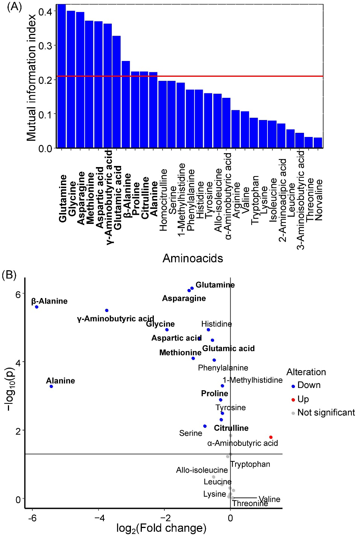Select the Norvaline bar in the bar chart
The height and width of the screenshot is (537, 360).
(x=317, y=143)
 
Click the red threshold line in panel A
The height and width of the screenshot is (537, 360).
(x=226, y=76)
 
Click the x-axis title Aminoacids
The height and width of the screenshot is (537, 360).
(x=193, y=259)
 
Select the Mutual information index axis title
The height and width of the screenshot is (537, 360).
(x=32, y=78)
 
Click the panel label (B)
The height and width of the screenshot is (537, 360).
(x=9, y=275)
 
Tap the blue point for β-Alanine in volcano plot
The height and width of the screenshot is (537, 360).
(x=36, y=307)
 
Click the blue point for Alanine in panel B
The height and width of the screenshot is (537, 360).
(x=51, y=386)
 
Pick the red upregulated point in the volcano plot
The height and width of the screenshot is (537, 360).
(x=271, y=437)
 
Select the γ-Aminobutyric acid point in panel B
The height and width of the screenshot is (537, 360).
(x=107, y=310)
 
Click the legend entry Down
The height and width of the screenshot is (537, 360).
(x=308, y=385)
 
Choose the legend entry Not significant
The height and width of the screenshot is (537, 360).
(x=326, y=413)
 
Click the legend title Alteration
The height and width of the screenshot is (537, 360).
(x=306, y=372)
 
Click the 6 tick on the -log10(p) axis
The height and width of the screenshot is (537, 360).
(x=18, y=294)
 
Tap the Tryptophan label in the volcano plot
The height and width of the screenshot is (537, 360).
(x=250, y=464)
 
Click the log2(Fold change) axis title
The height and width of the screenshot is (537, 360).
(x=161, y=528)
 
